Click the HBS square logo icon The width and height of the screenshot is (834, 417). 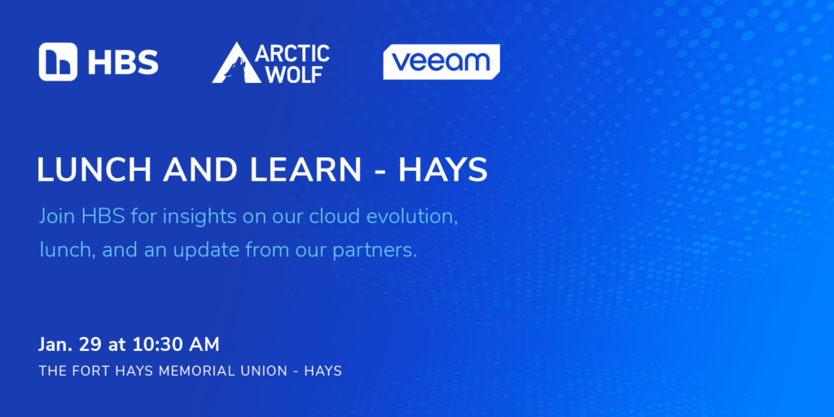pyautogui.click(x=58, y=62)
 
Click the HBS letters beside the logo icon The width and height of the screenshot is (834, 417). pyautogui.click(x=123, y=62)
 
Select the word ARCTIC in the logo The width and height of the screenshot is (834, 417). pyautogui.click(x=292, y=53)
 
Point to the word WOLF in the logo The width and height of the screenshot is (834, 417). pyautogui.click(x=294, y=74)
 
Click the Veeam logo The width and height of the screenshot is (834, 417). pyautogui.click(x=441, y=62)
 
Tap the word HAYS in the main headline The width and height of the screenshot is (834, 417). pyautogui.click(x=443, y=170)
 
